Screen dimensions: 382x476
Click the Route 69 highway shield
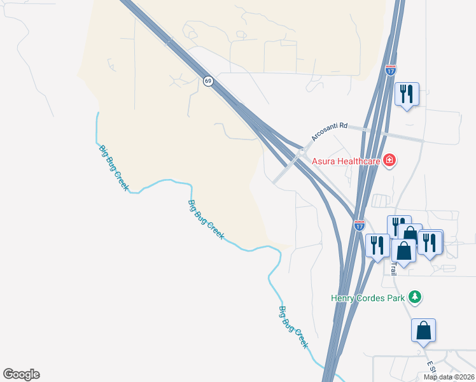pos(208,81)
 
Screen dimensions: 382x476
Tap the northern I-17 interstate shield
pos(391,71)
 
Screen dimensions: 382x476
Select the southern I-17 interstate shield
pos(360,225)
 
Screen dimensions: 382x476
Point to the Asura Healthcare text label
pos(346,161)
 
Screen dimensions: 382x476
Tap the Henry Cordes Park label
pos(368,297)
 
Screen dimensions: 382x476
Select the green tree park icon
pos(415,297)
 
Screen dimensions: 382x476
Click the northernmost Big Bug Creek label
pos(114,168)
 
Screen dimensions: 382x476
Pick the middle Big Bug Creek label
pos(206,220)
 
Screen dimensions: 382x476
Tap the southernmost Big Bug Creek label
pos(293,327)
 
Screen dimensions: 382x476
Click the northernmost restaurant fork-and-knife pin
pos(405,94)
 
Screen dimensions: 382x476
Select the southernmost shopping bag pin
pos(423,331)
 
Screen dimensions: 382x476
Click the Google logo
pos(21,374)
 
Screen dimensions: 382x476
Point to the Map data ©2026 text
pos(449,377)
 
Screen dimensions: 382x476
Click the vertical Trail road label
pos(394,267)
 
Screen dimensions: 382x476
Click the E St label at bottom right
pos(431,367)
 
